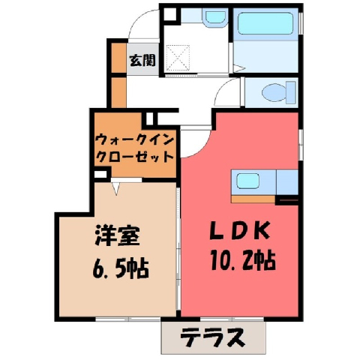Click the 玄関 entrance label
142,60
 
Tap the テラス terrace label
212,337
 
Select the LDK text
240,230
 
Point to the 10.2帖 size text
243,260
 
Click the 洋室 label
117,235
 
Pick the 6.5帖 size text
121,269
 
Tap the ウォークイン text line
135,140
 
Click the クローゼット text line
135,157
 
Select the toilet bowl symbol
278,92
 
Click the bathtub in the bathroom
265,23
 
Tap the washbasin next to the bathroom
216,17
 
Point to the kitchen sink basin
247,181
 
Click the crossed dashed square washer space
178,58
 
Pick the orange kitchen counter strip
253,199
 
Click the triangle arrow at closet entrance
115,188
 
